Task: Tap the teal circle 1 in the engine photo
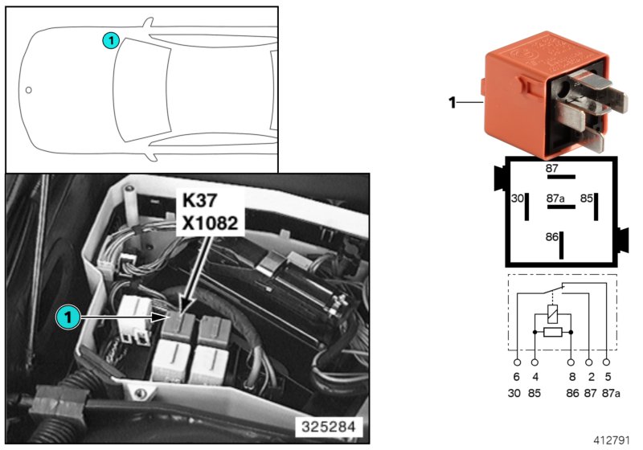click(x=68, y=317)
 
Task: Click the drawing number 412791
click(x=614, y=440)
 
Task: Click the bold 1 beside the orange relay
click(x=452, y=102)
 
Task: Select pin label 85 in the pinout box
click(x=587, y=197)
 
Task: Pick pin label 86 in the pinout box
click(x=551, y=239)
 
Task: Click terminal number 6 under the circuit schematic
click(x=516, y=376)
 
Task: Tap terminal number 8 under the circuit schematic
click(x=571, y=376)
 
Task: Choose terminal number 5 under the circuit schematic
click(x=608, y=376)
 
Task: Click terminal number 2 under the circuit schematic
click(x=590, y=376)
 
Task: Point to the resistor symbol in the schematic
click(x=552, y=331)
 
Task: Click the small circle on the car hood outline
click(x=29, y=90)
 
